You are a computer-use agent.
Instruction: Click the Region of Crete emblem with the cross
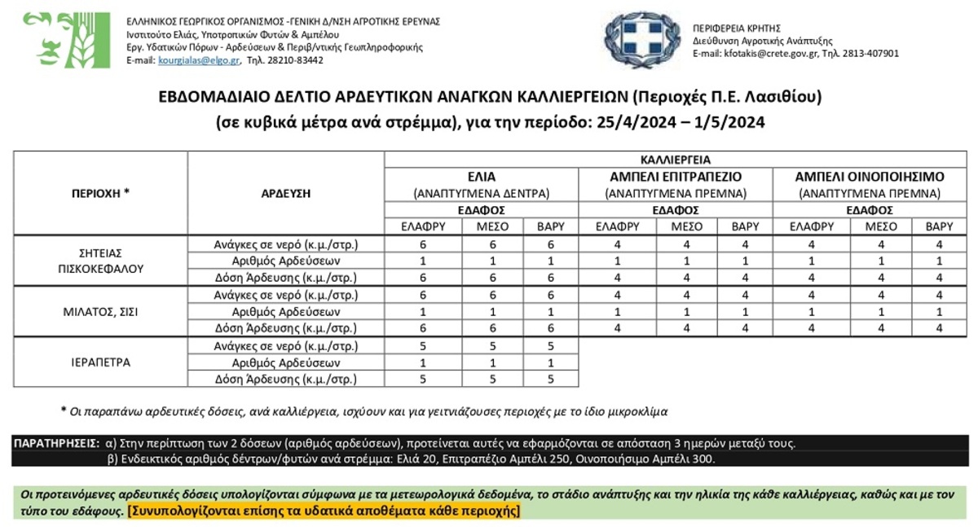641,40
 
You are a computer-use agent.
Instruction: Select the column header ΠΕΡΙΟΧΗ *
101,194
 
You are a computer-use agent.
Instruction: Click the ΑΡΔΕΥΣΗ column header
285,194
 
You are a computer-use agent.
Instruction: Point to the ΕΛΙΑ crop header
481,177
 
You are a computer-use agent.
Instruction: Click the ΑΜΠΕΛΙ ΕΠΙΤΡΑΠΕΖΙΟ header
675,177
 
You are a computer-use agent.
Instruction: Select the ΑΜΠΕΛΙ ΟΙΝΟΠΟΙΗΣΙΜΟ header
870,177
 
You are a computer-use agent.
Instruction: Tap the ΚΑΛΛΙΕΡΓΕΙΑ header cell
675,160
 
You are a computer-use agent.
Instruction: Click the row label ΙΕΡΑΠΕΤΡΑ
101,362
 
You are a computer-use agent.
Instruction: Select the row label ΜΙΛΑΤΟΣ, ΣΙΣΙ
101,312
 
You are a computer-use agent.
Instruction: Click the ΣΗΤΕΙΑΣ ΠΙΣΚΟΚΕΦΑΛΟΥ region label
101,261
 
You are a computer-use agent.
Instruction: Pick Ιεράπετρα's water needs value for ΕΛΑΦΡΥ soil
423,345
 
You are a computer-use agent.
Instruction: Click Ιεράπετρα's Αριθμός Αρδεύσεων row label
285,362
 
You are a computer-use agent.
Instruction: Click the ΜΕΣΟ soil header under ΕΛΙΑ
481,227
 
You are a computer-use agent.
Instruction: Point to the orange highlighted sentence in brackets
324,512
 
